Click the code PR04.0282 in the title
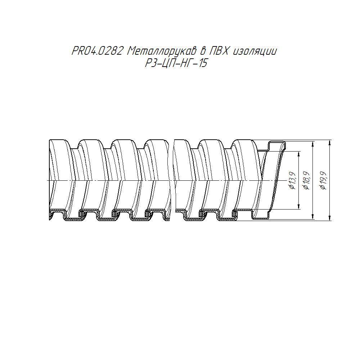pos(97,51)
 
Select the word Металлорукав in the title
pos(162,51)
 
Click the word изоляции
pos(255,51)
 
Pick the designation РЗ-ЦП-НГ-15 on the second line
pos(176,63)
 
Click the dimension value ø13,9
pos(292,180)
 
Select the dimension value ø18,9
pos(307,180)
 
